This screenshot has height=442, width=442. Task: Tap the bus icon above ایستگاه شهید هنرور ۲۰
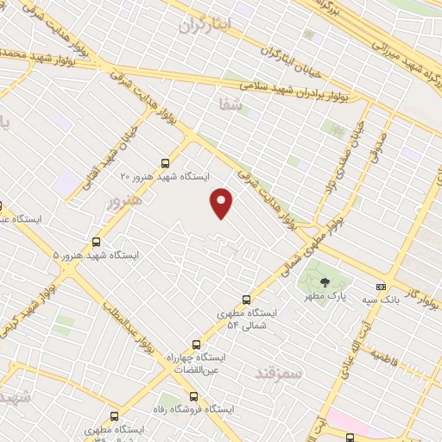click(167, 162)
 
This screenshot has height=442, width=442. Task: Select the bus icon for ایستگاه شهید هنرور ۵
click(96, 243)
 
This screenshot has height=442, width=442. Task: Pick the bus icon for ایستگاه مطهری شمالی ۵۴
click(248, 300)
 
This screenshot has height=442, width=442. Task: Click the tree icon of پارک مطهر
click(325, 282)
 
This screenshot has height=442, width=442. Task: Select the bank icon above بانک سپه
click(381, 287)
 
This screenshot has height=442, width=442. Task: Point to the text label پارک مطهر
click(324, 296)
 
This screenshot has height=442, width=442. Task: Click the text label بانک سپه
click(381, 300)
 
